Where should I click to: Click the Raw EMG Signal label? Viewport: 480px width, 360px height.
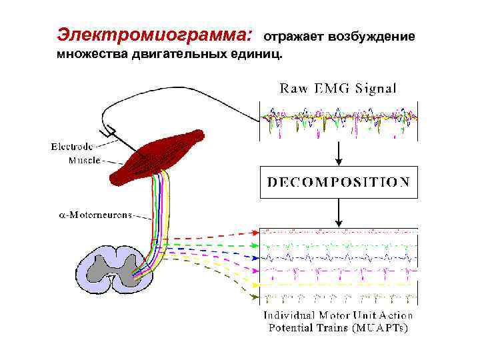pos(337,88)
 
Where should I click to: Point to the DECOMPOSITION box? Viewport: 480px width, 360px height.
pos(338,182)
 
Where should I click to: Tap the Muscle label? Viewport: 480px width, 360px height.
pos(85,160)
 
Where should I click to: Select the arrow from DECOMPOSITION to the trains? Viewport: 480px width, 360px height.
pos(339,213)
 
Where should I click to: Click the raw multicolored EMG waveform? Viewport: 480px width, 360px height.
pos(338,121)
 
